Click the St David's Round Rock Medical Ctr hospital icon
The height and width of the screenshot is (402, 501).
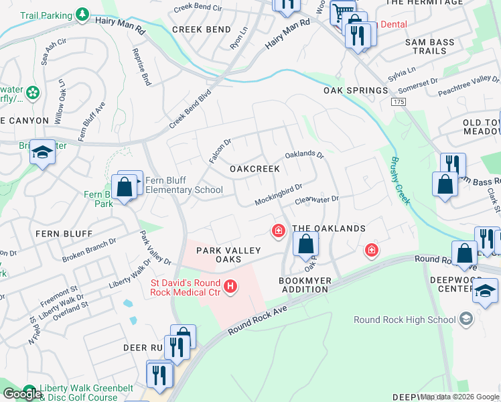pyautogui.click(x=230, y=286)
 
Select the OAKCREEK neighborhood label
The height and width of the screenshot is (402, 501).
pyautogui.click(x=255, y=169)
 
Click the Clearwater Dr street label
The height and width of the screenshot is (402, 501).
pyautogui.click(x=317, y=199)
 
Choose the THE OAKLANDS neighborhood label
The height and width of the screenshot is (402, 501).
pyautogui.click(x=329, y=228)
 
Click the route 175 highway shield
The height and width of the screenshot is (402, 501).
pyautogui.click(x=399, y=101)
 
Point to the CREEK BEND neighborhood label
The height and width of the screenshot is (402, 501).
pyautogui.click(x=202, y=29)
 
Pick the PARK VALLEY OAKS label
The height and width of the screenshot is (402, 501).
pyautogui.click(x=228, y=255)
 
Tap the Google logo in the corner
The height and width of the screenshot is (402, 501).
pyautogui.click(x=21, y=394)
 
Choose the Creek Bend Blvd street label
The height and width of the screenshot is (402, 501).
pyautogui.click(x=190, y=109)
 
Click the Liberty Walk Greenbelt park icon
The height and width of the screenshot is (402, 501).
pyautogui.click(x=29, y=391)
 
